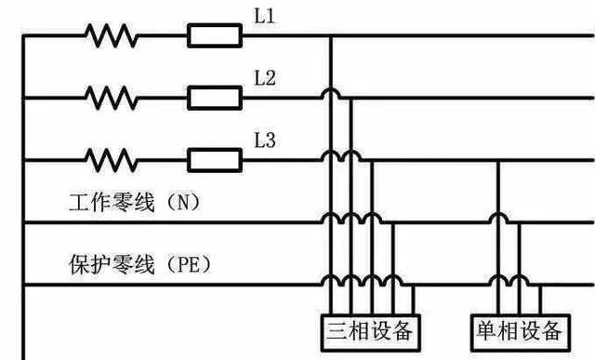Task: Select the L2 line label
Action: tap(264, 79)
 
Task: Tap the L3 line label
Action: tap(264, 141)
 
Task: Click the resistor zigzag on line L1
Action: tap(112, 36)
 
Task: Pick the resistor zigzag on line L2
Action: tap(112, 96)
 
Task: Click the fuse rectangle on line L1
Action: tap(215, 36)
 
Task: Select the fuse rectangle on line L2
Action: tap(215, 96)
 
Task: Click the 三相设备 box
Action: tap(368, 331)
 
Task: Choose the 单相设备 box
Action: tap(517, 331)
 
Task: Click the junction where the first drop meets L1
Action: tap(330, 36)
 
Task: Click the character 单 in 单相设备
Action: tap(485, 331)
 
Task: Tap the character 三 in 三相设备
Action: tap(337, 331)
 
